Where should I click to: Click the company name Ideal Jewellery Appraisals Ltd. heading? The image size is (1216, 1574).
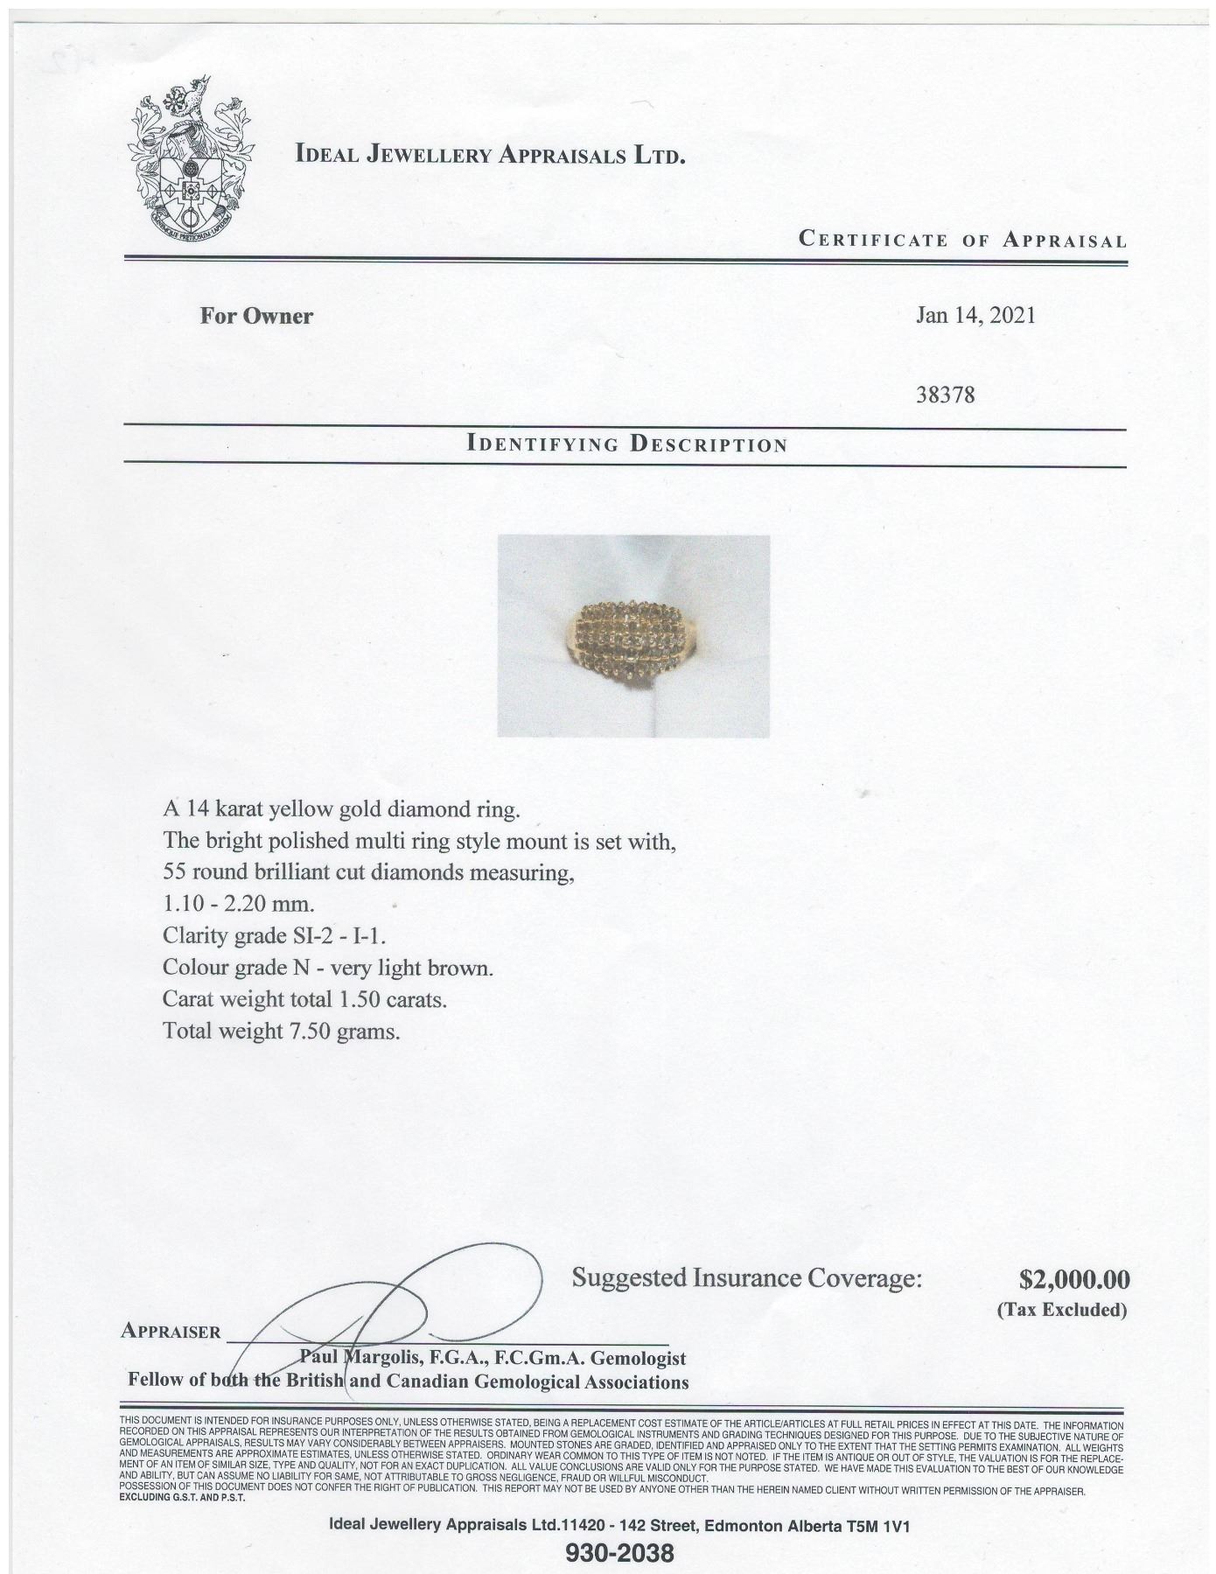coord(490,156)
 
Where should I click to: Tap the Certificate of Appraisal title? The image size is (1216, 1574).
coord(962,240)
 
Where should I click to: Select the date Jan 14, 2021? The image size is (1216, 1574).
coord(975,315)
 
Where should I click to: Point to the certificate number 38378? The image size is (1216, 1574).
coord(945,395)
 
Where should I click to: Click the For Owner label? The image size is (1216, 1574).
coord(256,316)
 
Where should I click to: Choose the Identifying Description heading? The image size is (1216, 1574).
coord(628,444)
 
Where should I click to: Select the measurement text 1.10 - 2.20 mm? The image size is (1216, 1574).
coord(238,904)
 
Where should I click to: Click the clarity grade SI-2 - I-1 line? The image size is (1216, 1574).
coord(274,936)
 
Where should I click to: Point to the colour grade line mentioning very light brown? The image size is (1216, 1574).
coord(328,968)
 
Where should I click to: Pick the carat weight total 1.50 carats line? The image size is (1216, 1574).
coord(304,999)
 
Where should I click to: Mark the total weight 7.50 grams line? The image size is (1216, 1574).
coord(281,1031)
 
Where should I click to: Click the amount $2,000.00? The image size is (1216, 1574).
coord(1074,1280)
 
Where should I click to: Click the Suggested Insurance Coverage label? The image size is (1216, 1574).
coord(747,1278)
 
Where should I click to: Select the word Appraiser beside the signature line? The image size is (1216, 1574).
coord(171,1332)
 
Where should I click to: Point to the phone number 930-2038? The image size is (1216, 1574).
coord(620,1553)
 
